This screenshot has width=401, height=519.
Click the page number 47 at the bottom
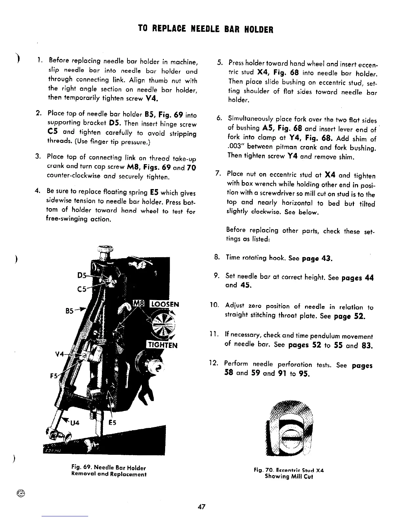coord(202,507)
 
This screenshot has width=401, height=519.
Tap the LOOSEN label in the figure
coord(164,304)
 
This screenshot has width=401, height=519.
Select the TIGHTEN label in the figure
coord(162,345)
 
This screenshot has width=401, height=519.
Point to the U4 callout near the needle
coord(75,423)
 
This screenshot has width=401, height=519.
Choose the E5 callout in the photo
coord(112,423)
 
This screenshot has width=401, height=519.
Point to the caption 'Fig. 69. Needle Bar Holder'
coord(108,468)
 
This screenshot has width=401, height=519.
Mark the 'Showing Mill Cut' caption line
coord(289,477)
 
